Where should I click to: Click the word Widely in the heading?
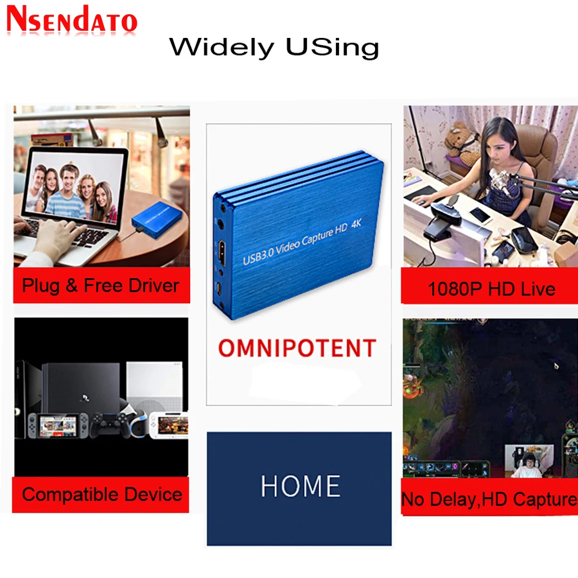pyautogui.click(x=222, y=48)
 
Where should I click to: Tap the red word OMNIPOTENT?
pyautogui.click(x=297, y=348)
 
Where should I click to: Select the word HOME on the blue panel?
pyautogui.click(x=301, y=486)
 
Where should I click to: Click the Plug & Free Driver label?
pyautogui.click(x=101, y=285)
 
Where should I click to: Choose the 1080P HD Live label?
pyautogui.click(x=491, y=288)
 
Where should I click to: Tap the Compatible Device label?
pyautogui.click(x=102, y=494)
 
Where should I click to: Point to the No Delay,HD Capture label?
pyautogui.click(x=489, y=500)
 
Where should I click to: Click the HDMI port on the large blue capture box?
pyautogui.click(x=222, y=253)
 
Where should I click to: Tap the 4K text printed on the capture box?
pyautogui.click(x=356, y=223)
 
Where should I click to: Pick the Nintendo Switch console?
pyautogui.click(x=58, y=426)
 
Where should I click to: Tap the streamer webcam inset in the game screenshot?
pyautogui.click(x=529, y=461)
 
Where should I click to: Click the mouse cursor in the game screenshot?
pyautogui.click(x=556, y=365)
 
